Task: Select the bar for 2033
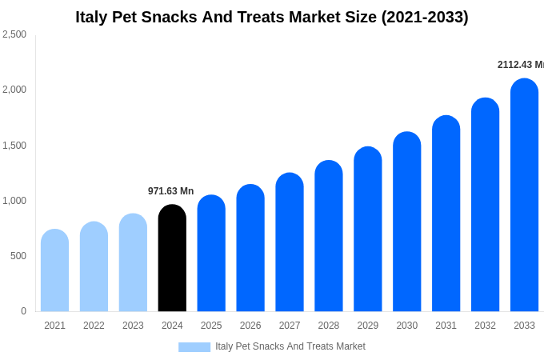[x=524, y=195]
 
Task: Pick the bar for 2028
[x=328, y=236]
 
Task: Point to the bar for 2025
[x=211, y=254]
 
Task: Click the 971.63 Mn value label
[x=170, y=191]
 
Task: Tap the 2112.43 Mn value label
[x=520, y=65]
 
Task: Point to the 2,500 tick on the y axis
[x=14, y=34]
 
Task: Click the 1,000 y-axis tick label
[x=14, y=201]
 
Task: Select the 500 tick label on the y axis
[x=18, y=256]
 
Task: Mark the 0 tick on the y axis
[x=23, y=311]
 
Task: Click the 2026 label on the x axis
[x=250, y=326]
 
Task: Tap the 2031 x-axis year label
[x=446, y=326]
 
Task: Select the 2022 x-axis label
[x=94, y=326]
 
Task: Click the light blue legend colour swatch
[x=194, y=347]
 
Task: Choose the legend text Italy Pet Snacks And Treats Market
[x=290, y=346]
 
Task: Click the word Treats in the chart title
[x=264, y=17]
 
